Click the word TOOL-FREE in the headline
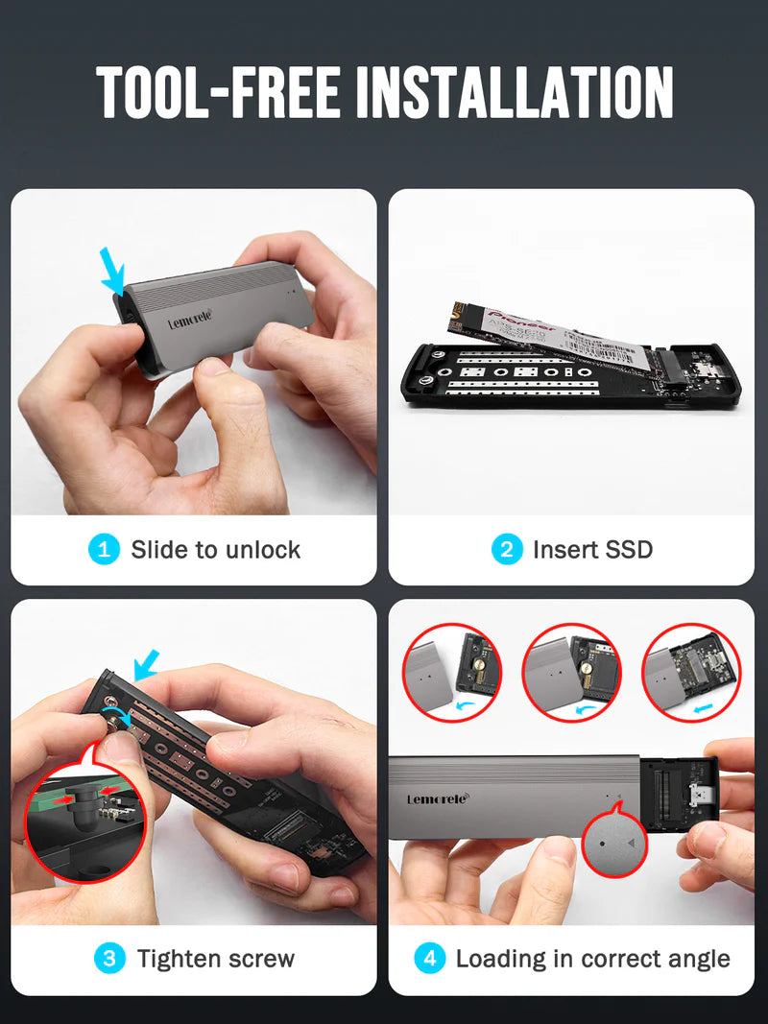click(x=220, y=93)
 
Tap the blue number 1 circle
click(x=104, y=550)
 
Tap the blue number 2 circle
click(x=507, y=550)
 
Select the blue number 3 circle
click(x=109, y=958)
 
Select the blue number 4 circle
click(x=429, y=958)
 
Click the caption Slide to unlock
click(x=215, y=550)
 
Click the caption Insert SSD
click(x=592, y=550)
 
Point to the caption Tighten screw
click(x=215, y=958)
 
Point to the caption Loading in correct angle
click(x=592, y=958)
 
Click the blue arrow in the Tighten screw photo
click(x=146, y=663)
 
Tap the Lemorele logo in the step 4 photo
click(x=438, y=798)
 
